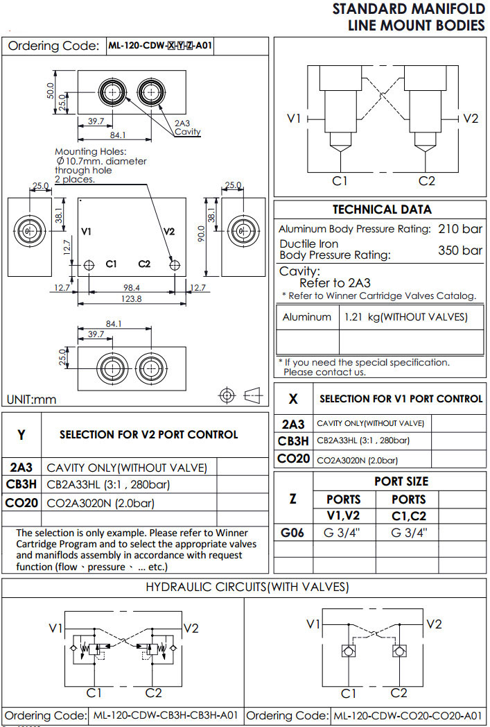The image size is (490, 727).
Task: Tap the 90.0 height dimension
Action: coord(201,237)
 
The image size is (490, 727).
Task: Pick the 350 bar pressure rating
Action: coord(460,250)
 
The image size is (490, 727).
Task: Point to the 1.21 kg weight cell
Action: coord(405,317)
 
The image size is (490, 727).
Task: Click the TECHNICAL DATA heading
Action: coord(382,209)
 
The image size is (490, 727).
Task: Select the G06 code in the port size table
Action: coord(293,533)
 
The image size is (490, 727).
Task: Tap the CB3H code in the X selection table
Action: coord(293,441)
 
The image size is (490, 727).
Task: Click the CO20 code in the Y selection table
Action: coord(21,503)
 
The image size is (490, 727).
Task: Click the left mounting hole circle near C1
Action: coord(89,265)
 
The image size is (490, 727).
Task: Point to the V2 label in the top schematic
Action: coord(471,119)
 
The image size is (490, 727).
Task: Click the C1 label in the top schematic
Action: coord(339,181)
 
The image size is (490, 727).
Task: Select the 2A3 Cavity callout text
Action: coord(186,128)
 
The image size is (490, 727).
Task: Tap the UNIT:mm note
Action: coord(32,400)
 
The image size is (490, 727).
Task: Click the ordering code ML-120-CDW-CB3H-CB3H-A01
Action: coord(166,715)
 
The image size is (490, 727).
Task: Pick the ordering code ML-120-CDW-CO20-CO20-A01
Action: coord(408,715)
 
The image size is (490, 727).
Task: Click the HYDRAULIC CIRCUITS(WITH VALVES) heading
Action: coord(246,588)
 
